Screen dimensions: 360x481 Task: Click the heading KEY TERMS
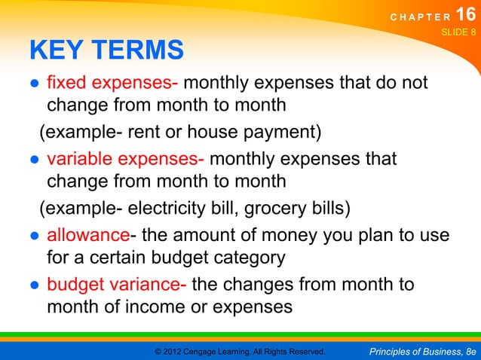point(106,50)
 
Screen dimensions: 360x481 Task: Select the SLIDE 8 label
point(458,32)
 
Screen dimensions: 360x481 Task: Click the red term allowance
point(88,236)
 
